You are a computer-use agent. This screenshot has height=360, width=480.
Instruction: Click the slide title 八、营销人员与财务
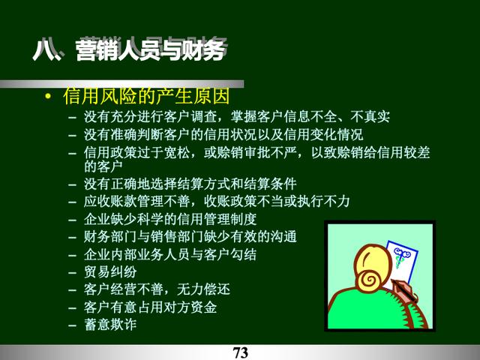coord(130,49)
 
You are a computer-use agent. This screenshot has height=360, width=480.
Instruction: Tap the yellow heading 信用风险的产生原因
coord(146,96)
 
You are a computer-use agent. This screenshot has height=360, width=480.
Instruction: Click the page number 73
coord(240,352)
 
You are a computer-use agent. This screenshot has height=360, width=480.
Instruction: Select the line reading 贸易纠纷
coord(110,271)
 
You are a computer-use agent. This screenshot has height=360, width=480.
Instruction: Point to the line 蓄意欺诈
coord(110,325)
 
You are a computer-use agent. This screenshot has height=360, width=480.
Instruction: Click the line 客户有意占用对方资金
coord(150,307)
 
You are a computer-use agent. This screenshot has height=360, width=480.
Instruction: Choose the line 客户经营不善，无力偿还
coord(157,289)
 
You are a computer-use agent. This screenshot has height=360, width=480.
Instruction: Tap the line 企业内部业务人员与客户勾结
coord(170,254)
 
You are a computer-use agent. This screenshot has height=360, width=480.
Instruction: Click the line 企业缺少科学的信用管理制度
coord(170,219)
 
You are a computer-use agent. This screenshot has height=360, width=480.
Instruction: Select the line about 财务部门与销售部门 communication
coord(190,237)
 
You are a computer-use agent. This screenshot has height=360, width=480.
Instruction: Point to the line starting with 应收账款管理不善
coord(217,201)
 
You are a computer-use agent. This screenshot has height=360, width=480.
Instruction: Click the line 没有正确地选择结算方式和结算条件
coord(190,184)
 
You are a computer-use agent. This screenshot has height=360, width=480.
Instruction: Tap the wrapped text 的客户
coord(103,166)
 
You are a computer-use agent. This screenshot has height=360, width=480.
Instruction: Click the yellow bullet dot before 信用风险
coord(48,97)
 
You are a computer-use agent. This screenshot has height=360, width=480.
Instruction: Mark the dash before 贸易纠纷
coord(73,272)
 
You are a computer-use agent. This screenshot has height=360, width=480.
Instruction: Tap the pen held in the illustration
coord(403,289)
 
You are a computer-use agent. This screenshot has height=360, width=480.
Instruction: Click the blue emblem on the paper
coord(400,256)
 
